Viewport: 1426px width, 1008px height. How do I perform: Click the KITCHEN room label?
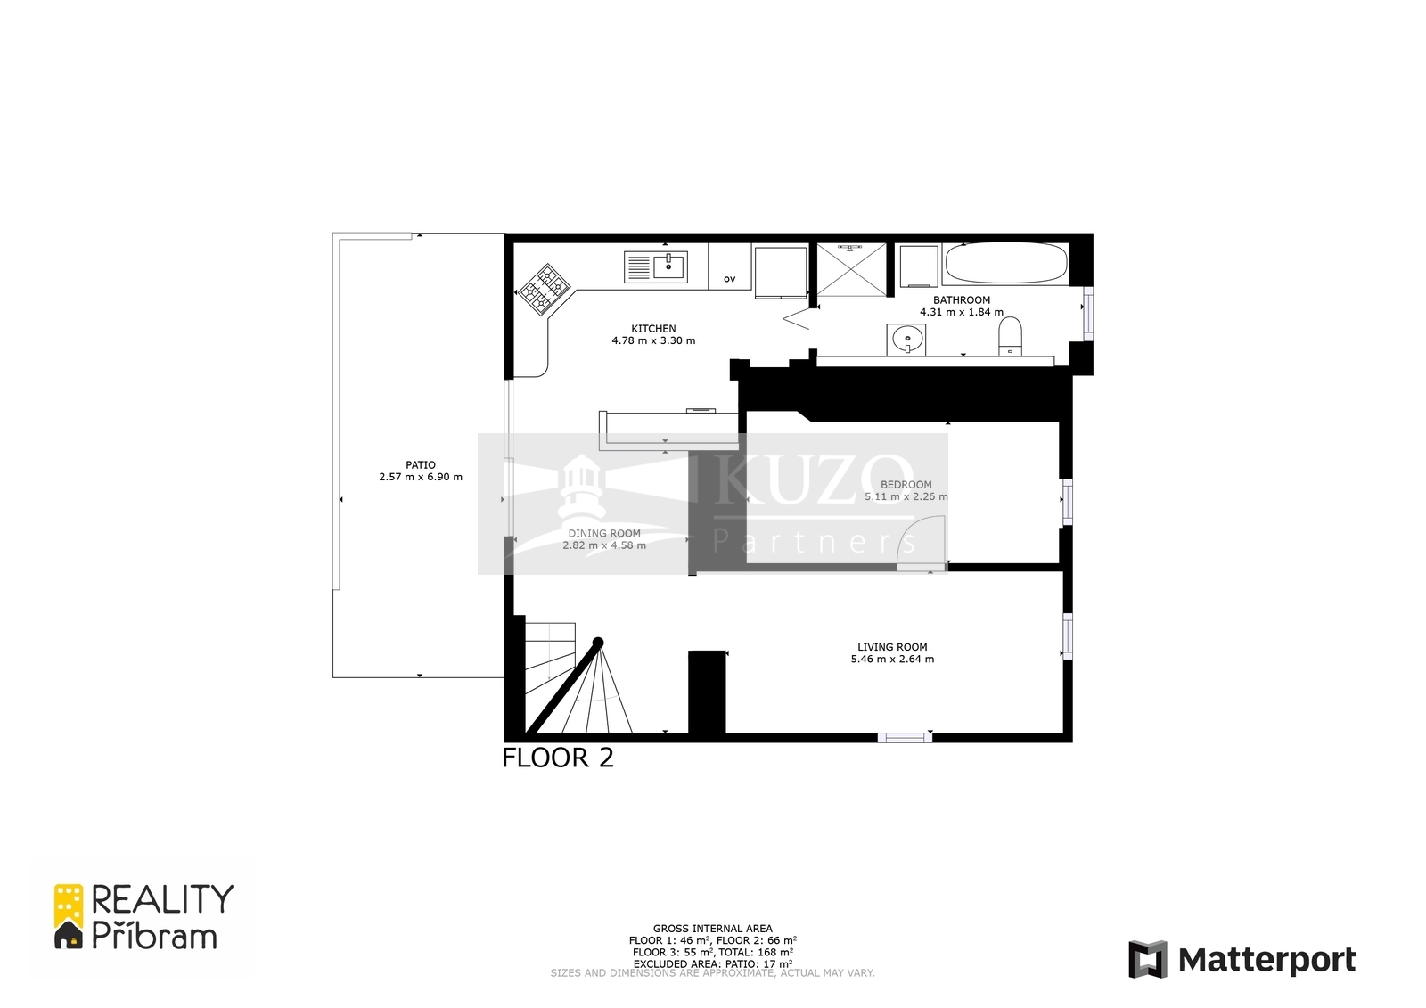pyautogui.click(x=653, y=329)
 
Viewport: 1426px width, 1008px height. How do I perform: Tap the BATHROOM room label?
pyautogui.click(x=962, y=300)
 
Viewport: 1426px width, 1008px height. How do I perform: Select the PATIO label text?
pyautogui.click(x=420, y=465)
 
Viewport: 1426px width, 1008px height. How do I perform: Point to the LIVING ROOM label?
pyautogui.click(x=892, y=647)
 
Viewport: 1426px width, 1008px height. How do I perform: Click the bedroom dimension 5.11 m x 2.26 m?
pyautogui.click(x=906, y=496)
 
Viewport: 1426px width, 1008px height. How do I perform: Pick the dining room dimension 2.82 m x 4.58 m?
pyautogui.click(x=604, y=545)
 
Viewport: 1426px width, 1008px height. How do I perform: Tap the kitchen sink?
pyautogui.click(x=656, y=266)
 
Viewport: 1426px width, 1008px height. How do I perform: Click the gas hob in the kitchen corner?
pyautogui.click(x=545, y=290)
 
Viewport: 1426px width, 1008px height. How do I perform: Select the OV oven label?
pyautogui.click(x=730, y=279)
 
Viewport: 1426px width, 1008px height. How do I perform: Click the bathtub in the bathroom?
pyautogui.click(x=1006, y=264)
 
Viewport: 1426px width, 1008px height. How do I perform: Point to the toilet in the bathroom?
pyautogui.click(x=1011, y=337)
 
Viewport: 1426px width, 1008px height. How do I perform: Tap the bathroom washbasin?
pyautogui.click(x=906, y=340)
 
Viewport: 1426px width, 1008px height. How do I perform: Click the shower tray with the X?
pyautogui.click(x=851, y=269)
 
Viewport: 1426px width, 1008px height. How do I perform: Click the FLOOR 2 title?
pyautogui.click(x=558, y=758)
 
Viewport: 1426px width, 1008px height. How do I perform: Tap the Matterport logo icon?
pyautogui.click(x=1148, y=959)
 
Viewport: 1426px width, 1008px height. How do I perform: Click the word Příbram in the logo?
pyautogui.click(x=155, y=936)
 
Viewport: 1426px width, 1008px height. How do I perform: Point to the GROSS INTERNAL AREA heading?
pyautogui.click(x=712, y=929)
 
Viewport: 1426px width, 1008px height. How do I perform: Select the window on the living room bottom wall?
pyautogui.click(x=905, y=737)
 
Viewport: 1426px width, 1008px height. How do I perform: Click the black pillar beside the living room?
pyautogui.click(x=708, y=692)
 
